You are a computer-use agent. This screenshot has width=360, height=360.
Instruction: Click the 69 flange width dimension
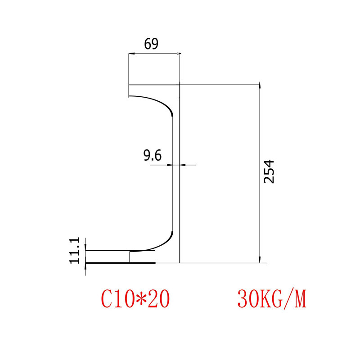click(x=151, y=44)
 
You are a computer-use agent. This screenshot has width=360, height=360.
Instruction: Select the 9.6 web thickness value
click(x=152, y=156)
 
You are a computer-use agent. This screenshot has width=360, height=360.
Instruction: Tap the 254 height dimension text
click(x=269, y=171)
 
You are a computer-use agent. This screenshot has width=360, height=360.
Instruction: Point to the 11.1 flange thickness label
click(x=75, y=250)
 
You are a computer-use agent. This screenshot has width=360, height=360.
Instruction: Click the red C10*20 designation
click(x=135, y=299)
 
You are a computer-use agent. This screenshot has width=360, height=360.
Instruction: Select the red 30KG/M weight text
click(x=271, y=299)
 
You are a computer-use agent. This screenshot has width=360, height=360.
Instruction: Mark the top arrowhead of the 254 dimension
click(x=259, y=86)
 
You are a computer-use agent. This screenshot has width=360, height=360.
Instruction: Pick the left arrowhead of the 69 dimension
click(x=131, y=54)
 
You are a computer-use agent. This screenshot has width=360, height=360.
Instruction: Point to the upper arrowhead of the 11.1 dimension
click(x=85, y=247)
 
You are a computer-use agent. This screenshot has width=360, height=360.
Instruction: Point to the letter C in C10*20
click(x=107, y=299)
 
